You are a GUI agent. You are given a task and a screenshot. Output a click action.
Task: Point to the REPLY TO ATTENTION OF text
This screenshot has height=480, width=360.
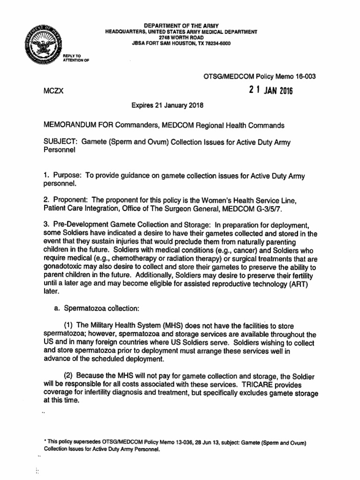(75, 58)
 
